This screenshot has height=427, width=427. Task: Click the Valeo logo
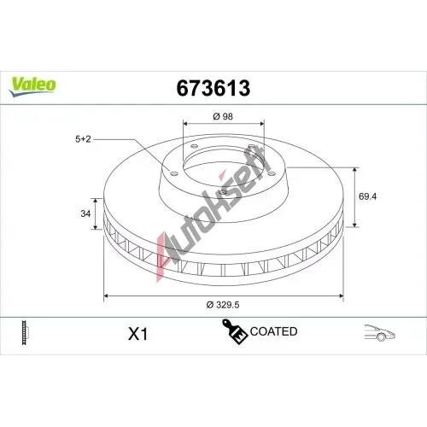pyautogui.click(x=32, y=86)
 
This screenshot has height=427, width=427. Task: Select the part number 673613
pyautogui.click(x=213, y=88)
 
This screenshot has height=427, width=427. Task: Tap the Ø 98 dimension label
pyautogui.click(x=223, y=116)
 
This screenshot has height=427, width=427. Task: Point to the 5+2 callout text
pyautogui.click(x=83, y=139)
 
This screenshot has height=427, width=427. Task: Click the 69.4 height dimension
pyautogui.click(x=367, y=196)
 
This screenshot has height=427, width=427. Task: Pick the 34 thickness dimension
pyautogui.click(x=85, y=213)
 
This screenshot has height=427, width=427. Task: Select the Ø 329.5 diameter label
pyautogui.click(x=223, y=305)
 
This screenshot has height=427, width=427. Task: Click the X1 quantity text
pyautogui.click(x=138, y=334)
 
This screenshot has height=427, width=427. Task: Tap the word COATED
pyautogui.click(x=273, y=331)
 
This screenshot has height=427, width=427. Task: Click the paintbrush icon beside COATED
pyautogui.click(x=234, y=331)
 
